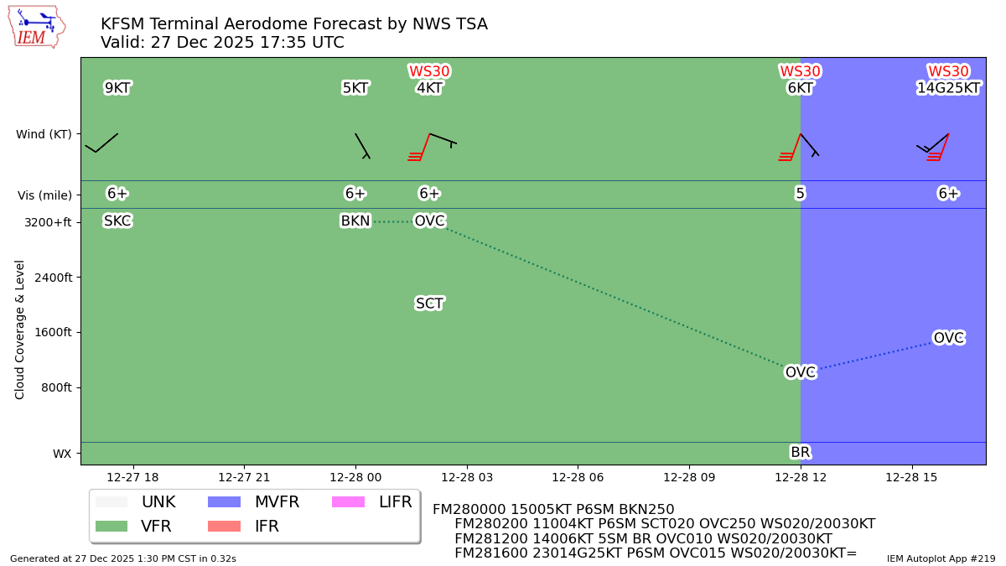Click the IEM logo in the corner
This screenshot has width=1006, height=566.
(x=36, y=27)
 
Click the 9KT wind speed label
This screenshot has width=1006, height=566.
(x=117, y=88)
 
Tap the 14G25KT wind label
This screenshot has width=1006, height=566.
(x=948, y=88)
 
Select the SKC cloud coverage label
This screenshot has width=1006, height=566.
(x=117, y=221)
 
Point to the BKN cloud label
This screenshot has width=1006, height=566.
(x=355, y=221)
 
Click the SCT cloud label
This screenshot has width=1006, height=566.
(x=429, y=304)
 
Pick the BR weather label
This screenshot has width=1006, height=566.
(x=801, y=453)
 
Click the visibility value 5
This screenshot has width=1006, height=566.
(x=801, y=194)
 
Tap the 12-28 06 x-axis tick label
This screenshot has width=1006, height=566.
(x=578, y=477)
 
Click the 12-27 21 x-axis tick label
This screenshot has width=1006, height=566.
(x=244, y=477)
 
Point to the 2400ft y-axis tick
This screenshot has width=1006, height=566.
(x=49, y=278)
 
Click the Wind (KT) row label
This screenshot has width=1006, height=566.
(x=44, y=134)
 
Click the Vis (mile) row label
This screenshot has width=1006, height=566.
(x=44, y=195)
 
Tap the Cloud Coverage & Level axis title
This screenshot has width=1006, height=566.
(x=20, y=329)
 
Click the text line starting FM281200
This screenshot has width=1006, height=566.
(x=643, y=538)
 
